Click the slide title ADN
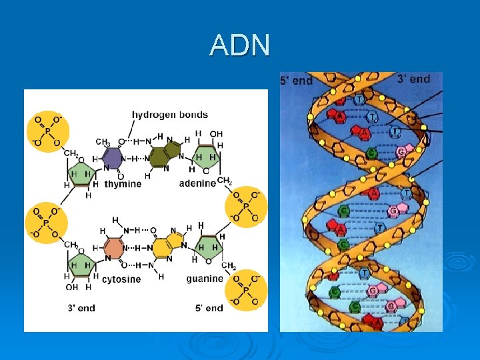click(239, 45)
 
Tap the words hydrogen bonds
click(169, 115)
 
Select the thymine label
click(123, 184)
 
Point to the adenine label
click(197, 183)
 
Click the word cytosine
click(121, 279)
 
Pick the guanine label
click(205, 278)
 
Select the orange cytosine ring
click(114, 247)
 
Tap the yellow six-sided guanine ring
click(160, 247)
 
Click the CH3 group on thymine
click(103, 142)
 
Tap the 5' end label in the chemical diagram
click(209, 308)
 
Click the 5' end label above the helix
click(296, 81)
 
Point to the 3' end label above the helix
click(413, 79)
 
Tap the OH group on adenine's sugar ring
click(216, 134)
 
